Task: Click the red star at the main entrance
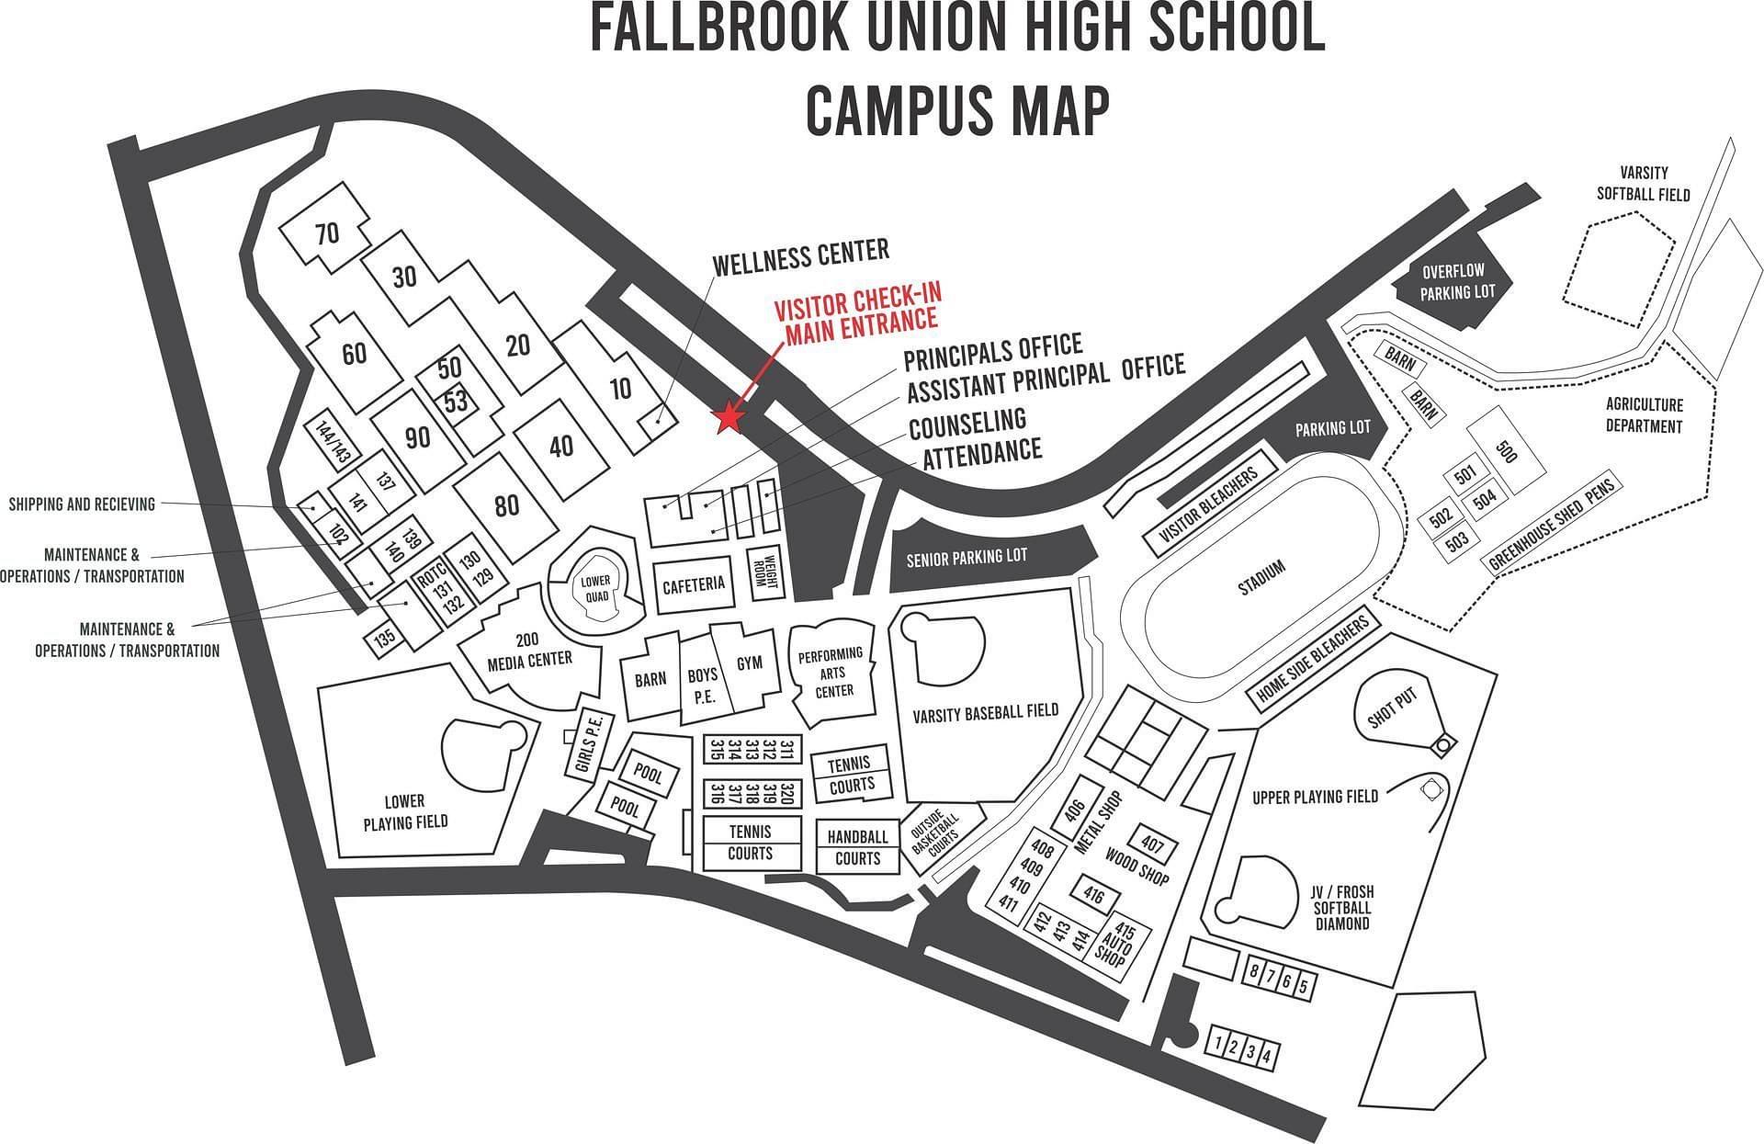(729, 418)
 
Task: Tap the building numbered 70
(327, 233)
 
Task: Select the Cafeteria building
(694, 583)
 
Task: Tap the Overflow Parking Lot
(1458, 282)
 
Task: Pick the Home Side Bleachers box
(1313, 659)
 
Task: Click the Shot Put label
(1393, 709)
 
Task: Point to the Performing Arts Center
(831, 673)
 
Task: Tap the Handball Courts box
(858, 847)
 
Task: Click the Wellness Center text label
(801, 255)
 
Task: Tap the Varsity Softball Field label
(1643, 183)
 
